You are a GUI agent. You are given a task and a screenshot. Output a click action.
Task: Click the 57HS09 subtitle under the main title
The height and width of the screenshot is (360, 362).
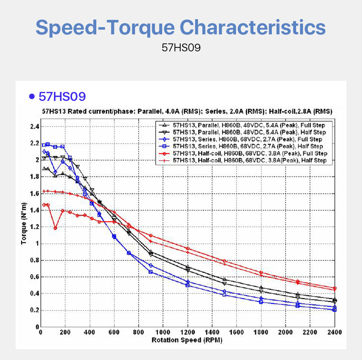coord(181,48)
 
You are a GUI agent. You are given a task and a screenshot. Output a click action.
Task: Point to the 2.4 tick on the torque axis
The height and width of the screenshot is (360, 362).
coord(34,127)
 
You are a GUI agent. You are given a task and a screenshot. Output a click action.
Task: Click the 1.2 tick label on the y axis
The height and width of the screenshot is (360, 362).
coord(34,227)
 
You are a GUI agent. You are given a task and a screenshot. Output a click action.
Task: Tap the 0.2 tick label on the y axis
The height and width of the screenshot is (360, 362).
coord(34,310)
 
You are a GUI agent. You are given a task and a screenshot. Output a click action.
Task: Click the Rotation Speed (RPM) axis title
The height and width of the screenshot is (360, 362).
coord(187,340)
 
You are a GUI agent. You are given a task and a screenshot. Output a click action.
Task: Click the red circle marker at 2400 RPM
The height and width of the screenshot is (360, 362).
coord(334,288)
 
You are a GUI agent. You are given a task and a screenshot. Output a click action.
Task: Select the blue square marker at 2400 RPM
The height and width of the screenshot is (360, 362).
coord(334,310)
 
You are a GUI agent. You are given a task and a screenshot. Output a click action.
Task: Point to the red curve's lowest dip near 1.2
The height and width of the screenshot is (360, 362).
coord(55,228)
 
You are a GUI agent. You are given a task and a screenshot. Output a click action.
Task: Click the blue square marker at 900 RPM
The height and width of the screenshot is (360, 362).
coord(151,272)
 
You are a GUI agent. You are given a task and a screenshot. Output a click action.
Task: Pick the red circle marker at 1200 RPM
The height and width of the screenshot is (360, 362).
coord(188,249)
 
